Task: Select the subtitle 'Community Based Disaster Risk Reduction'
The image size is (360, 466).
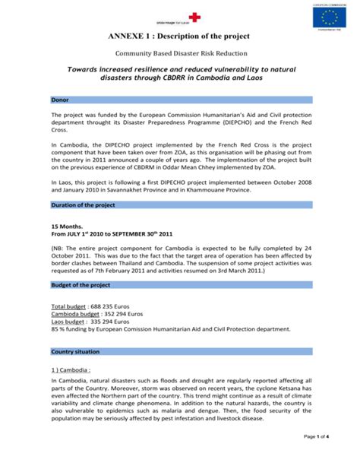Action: click(179, 55)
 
